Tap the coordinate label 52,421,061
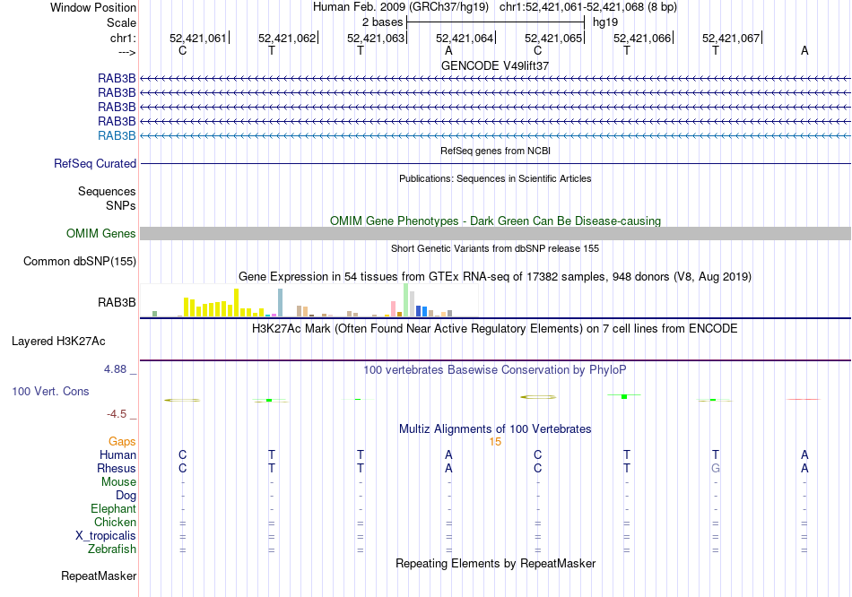click(x=198, y=38)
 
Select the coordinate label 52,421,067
click(x=731, y=38)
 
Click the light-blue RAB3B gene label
click(x=117, y=135)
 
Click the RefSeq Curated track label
click(x=95, y=164)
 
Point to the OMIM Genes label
click(x=101, y=234)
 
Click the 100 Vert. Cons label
click(x=51, y=392)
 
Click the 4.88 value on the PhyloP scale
click(x=117, y=368)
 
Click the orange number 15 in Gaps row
click(x=495, y=442)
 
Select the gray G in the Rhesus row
click(x=716, y=468)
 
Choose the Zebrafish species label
click(x=112, y=549)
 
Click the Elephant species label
click(x=113, y=508)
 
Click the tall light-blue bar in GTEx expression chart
click(x=280, y=302)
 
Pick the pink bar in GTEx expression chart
click(x=394, y=308)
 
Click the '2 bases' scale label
click(x=382, y=21)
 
